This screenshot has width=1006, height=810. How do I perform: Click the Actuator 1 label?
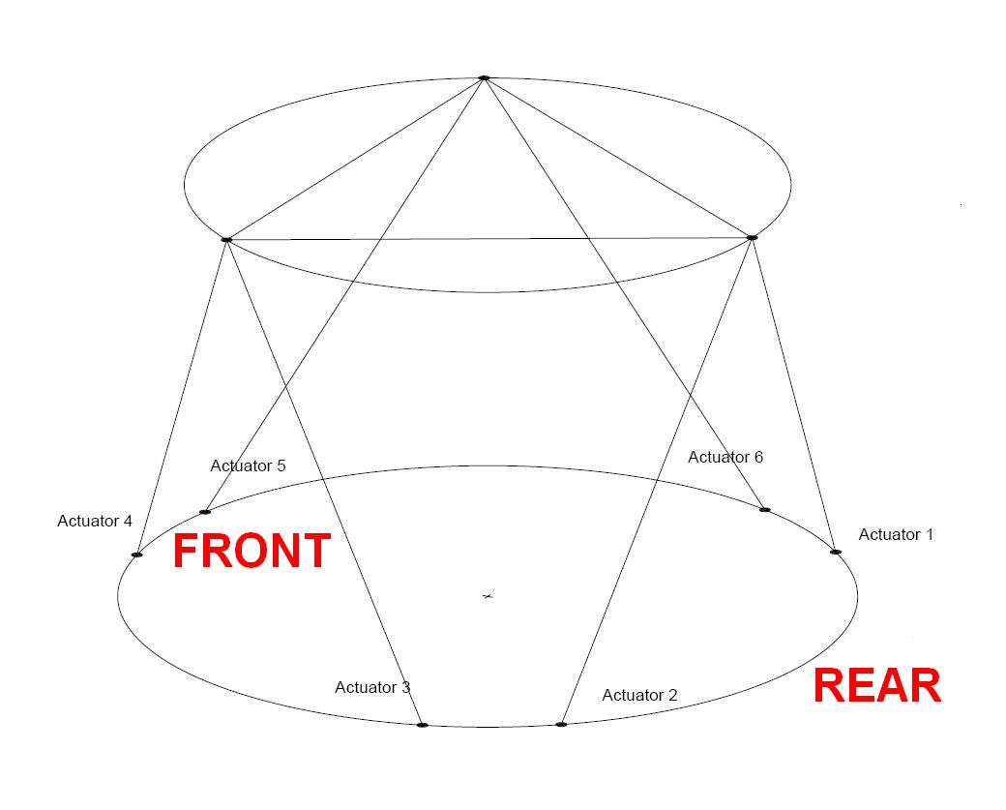point(896,534)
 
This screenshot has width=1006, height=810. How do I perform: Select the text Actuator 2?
point(639,695)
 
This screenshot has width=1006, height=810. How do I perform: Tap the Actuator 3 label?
point(372,687)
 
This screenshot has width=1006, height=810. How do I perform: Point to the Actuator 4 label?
point(95,521)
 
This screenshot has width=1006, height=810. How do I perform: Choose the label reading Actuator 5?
point(248,465)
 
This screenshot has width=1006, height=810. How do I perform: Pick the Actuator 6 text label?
point(725,457)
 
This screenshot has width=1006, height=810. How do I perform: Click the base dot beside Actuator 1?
point(836,552)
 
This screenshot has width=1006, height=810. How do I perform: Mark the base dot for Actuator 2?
point(561,724)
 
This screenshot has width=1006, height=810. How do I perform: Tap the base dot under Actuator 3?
point(422,725)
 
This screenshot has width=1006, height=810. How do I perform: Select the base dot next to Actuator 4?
point(136,555)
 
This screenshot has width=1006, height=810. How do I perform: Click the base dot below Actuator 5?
point(205,512)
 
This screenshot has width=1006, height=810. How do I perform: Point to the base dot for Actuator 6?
point(765,509)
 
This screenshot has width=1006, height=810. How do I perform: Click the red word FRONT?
point(251,551)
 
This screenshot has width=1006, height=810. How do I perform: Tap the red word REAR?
point(876,686)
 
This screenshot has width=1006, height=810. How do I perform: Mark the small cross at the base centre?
point(488,596)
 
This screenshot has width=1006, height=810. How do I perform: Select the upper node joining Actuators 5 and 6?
point(484,77)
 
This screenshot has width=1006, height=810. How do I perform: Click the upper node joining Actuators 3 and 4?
point(226,239)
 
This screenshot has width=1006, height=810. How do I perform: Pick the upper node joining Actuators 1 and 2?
point(752,237)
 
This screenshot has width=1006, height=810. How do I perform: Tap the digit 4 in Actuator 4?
point(128,521)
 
